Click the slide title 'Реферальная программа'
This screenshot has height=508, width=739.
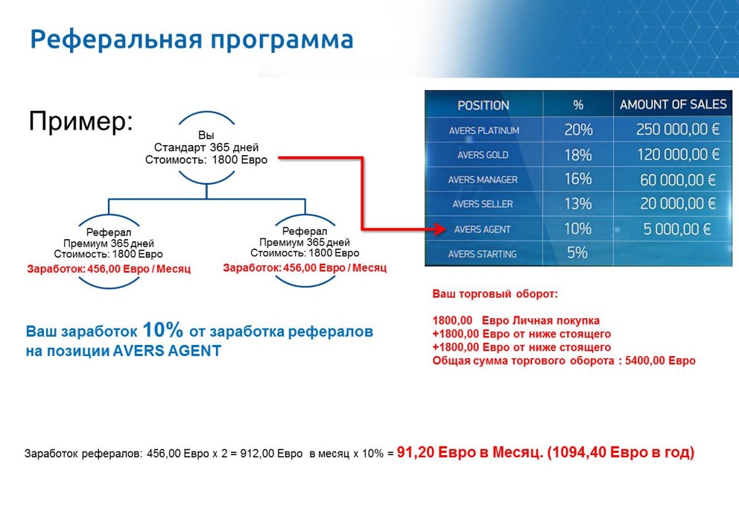pos(191,39)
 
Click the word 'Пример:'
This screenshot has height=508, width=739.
pos(80,121)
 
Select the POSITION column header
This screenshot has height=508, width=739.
pos(483,105)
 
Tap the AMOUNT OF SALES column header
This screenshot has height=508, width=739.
pos(673,105)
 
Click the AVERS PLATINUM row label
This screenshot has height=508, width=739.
pos(483,130)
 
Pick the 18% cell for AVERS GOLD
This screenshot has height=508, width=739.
pos(578,155)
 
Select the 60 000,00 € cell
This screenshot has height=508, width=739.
pos(677,180)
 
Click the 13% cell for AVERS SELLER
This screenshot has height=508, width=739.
pos(578,204)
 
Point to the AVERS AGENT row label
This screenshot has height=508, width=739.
pos(483,229)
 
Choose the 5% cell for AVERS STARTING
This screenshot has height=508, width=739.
pos(577,253)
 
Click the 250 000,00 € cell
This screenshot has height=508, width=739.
pos(677,130)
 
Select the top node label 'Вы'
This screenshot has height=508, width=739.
pos(206,135)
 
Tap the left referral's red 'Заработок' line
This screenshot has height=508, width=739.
pos(109,269)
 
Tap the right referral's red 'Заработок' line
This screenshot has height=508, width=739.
pos(305,267)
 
